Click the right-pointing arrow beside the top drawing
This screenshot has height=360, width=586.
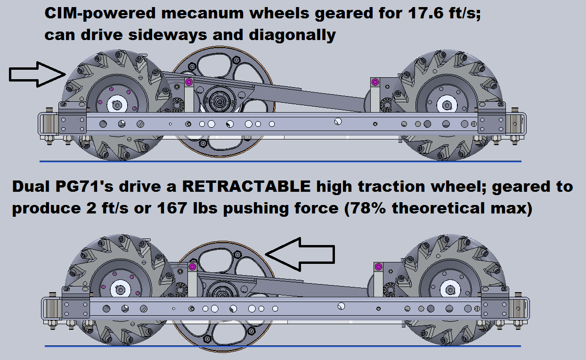(x=37, y=74)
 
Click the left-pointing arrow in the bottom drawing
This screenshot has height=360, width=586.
(x=300, y=254)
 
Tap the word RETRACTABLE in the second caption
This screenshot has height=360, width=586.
(x=246, y=186)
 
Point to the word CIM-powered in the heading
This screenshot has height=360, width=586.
(x=100, y=13)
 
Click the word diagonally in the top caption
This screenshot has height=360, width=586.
(x=292, y=35)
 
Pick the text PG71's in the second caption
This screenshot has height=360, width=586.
(x=84, y=186)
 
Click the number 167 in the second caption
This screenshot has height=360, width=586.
(x=172, y=208)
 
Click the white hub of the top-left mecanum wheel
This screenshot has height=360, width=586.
(x=117, y=105)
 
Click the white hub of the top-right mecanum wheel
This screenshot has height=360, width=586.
(x=447, y=105)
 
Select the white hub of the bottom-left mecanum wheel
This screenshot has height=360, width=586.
(x=120, y=290)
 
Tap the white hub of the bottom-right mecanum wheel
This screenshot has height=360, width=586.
(x=450, y=290)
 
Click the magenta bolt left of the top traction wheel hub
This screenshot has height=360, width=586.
(x=189, y=82)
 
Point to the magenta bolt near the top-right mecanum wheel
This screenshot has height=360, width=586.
(x=375, y=82)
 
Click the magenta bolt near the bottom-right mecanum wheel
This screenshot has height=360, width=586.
(x=378, y=267)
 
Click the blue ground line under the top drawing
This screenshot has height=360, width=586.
(x=280, y=162)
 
